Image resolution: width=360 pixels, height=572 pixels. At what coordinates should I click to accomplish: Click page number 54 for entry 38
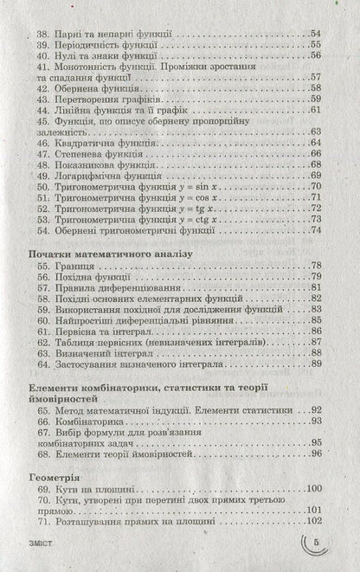point(315,32)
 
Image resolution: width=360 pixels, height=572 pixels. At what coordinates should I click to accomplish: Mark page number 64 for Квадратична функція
point(315,141)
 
